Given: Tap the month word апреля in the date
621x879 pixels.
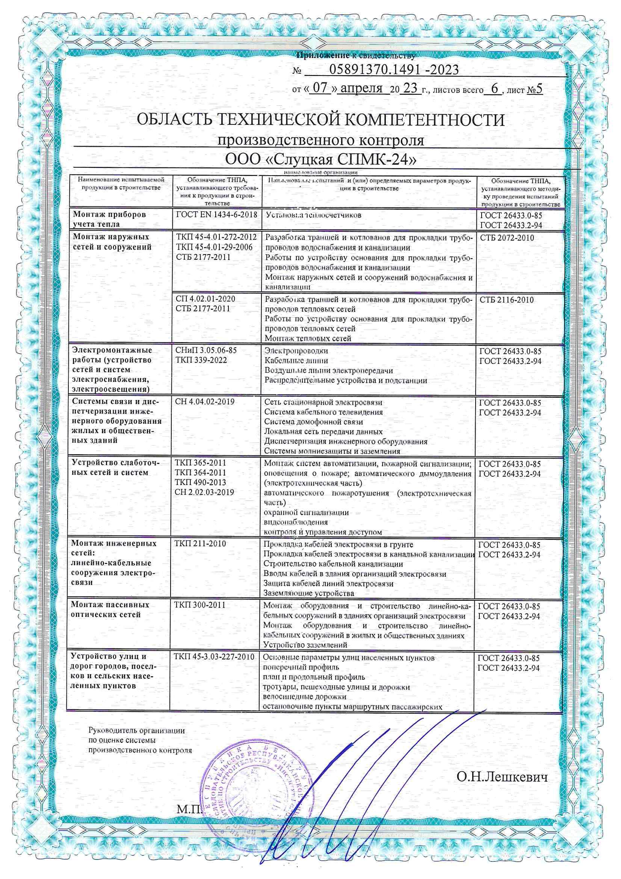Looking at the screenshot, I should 361,88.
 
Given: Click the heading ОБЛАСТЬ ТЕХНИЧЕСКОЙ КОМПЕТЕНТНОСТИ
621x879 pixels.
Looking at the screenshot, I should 320,120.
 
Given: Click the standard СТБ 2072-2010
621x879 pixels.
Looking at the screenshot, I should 506,238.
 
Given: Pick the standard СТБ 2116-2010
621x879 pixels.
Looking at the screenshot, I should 506,300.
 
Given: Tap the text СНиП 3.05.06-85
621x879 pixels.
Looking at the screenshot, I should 206,350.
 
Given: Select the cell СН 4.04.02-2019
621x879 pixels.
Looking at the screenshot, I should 205,402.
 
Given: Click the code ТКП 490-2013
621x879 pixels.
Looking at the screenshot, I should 200,482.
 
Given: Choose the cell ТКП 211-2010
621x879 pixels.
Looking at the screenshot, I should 200,544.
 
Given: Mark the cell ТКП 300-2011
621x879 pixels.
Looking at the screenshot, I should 200,605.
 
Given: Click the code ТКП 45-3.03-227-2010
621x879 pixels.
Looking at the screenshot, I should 214,656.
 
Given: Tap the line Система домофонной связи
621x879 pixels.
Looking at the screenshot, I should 314,422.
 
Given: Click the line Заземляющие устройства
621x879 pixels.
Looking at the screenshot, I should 309,593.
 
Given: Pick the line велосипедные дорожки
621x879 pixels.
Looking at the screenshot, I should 305,697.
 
